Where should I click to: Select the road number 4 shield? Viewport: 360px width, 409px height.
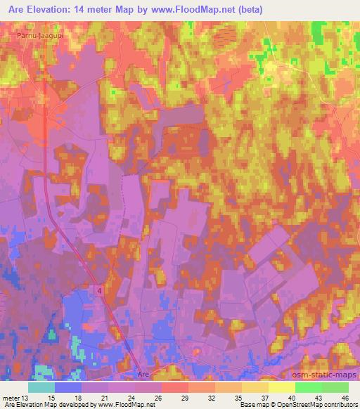(98, 290)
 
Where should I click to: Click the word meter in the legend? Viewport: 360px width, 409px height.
(12, 397)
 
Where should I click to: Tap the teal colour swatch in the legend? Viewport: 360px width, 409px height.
(41, 387)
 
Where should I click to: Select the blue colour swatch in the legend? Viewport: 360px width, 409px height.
(68, 387)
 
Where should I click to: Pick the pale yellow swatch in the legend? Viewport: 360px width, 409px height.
(281, 387)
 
